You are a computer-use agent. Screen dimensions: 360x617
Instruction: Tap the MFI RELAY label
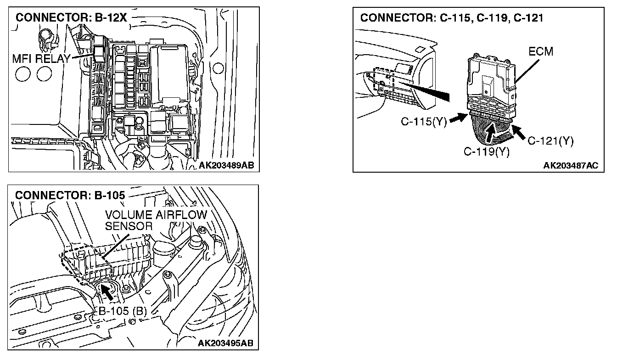41,58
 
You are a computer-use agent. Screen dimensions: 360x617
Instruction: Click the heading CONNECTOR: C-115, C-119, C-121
452,18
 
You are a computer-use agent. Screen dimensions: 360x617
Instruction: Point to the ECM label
540,51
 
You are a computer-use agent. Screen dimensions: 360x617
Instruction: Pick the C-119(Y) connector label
486,152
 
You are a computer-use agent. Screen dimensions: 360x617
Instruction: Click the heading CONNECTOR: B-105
70,195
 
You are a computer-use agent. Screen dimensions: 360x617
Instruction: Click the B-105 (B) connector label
123,312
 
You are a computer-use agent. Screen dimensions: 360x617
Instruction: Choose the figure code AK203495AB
225,343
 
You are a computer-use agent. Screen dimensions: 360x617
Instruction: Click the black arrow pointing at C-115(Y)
457,118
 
